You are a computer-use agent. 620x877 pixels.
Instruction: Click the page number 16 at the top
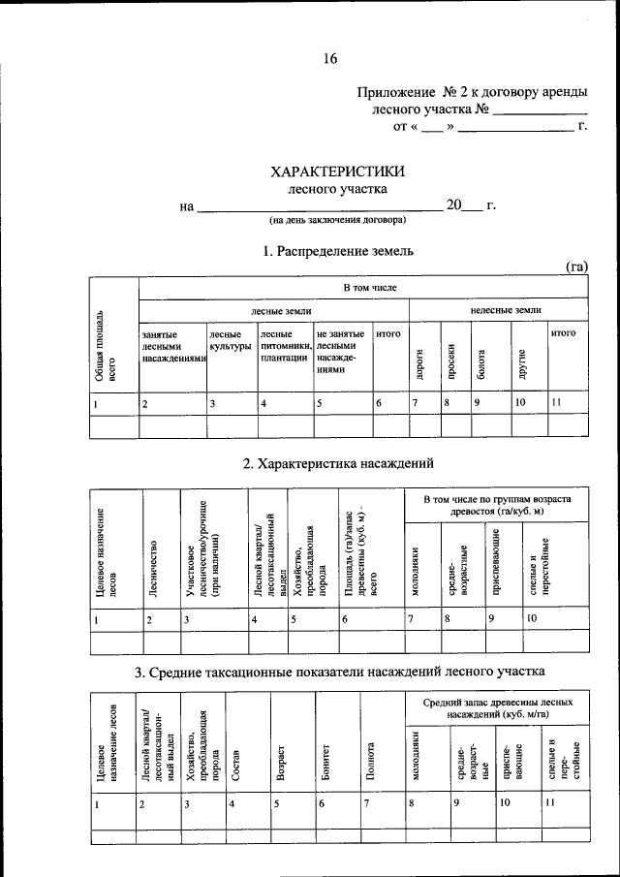(329, 59)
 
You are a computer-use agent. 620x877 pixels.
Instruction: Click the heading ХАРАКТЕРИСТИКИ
(337, 171)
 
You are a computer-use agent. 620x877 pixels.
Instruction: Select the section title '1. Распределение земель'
(338, 250)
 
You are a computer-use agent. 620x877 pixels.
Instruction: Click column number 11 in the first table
(555, 401)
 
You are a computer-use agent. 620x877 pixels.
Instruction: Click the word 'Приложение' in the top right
(395, 92)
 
